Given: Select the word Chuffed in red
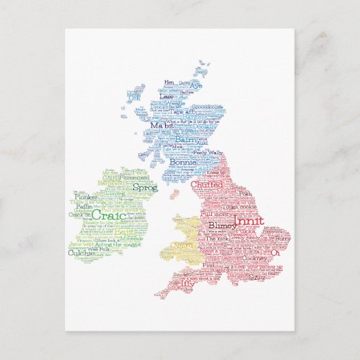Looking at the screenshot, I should pyautogui.click(x=206, y=184).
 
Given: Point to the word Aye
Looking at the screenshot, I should pyautogui.click(x=196, y=86).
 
